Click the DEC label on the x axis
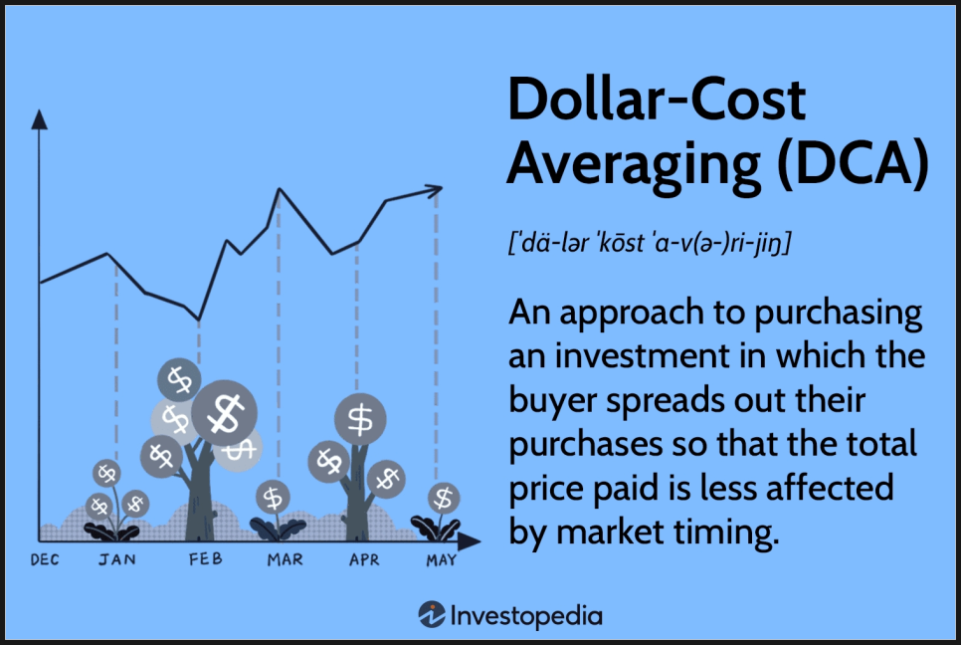(x=45, y=559)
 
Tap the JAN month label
(x=117, y=559)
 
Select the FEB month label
(x=205, y=558)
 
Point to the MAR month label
(x=285, y=559)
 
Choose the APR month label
(x=364, y=559)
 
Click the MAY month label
(x=442, y=559)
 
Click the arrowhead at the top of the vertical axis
(x=39, y=119)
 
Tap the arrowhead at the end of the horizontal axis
(x=469, y=541)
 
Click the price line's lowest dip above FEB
(x=198, y=320)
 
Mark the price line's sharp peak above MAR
(x=280, y=189)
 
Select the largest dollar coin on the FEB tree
(x=224, y=413)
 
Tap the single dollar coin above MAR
(x=273, y=497)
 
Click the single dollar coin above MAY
(x=444, y=498)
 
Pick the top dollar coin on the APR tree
(x=360, y=419)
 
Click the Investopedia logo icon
(x=432, y=614)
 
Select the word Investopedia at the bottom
(x=526, y=615)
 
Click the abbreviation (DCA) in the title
(x=853, y=163)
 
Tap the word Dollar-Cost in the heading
(x=657, y=99)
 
